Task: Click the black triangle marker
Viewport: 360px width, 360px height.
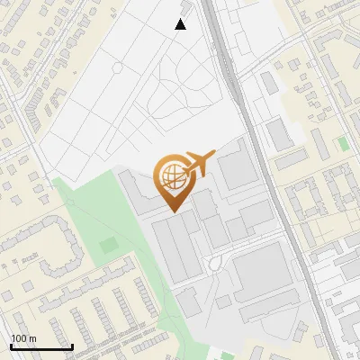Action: [x=181, y=24]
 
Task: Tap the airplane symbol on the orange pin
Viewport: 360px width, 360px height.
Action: [x=199, y=164]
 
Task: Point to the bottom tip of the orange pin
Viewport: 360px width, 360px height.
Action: [x=175, y=211]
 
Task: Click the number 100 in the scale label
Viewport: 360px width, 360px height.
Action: [x=19, y=338]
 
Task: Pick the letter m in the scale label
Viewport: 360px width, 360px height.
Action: [x=33, y=338]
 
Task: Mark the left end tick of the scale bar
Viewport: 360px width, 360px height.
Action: [x=11, y=345]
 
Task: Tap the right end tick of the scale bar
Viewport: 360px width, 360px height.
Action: [x=72, y=345]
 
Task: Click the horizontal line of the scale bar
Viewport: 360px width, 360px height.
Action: [x=41, y=346]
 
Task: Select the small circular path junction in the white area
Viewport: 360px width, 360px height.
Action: [x=116, y=67]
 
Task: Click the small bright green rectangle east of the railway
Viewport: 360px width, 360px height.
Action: [x=342, y=144]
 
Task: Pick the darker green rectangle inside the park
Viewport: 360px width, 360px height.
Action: [x=108, y=244]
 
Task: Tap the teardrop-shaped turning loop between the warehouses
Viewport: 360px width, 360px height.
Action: [x=213, y=263]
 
